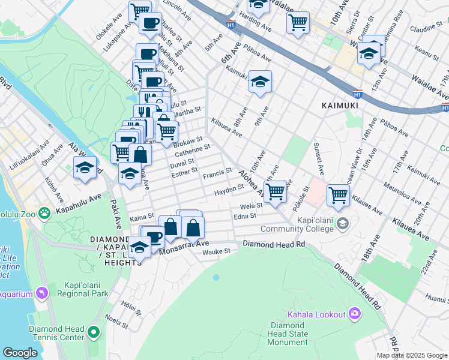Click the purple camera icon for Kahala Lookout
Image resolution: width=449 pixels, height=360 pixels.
tap(355, 314)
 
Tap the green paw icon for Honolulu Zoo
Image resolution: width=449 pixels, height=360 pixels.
tap(44, 213)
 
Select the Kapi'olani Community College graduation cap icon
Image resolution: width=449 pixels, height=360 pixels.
tap(342, 224)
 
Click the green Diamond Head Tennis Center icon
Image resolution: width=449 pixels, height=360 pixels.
tap(93, 331)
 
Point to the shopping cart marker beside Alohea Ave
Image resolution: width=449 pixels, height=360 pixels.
tap(275, 192)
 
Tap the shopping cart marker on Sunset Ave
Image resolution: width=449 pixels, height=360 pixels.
tap(339, 194)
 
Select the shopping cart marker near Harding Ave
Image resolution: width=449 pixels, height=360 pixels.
tap(298, 22)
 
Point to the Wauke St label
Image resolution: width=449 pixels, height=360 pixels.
tap(217, 253)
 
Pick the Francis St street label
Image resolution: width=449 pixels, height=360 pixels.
tap(217, 174)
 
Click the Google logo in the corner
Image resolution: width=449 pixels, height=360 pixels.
tap(20, 353)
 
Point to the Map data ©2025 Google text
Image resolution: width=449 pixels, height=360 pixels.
tap(411, 355)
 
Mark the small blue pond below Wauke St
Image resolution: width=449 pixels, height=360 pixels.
tap(216, 277)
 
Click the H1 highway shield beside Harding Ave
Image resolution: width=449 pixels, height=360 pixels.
tap(232, 25)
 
